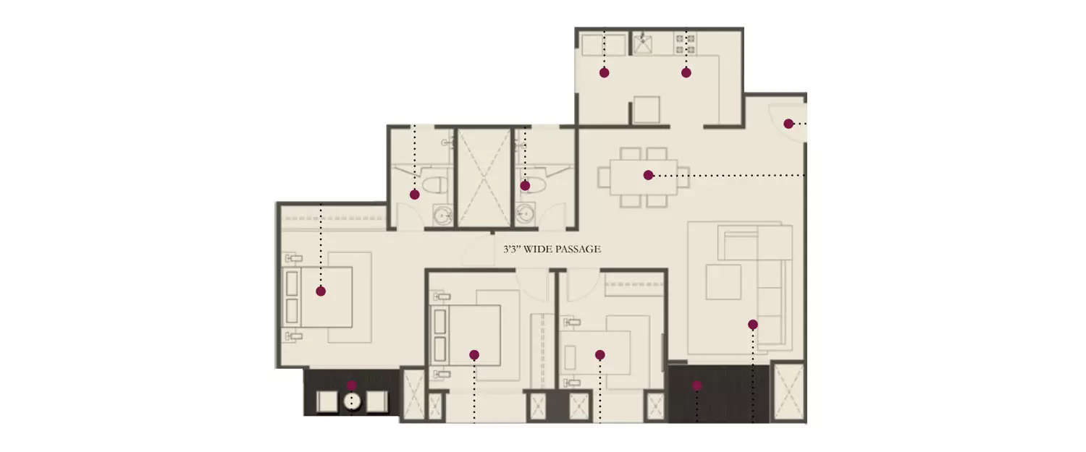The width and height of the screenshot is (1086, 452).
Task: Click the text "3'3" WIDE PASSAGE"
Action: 552,250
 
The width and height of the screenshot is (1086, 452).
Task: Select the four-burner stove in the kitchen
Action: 685,43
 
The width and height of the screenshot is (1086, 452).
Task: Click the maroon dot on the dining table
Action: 648,175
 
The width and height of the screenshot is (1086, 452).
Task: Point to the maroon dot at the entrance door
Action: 788,124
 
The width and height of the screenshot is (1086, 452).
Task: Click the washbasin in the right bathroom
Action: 525,214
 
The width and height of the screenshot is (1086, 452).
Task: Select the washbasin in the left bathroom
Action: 442,214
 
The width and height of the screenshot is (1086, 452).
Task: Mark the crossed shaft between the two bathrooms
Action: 484,177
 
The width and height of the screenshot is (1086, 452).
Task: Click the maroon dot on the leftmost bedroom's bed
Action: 321,291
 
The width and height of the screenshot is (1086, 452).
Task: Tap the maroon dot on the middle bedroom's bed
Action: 474,354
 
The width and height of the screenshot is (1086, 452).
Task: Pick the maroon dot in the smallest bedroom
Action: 600,354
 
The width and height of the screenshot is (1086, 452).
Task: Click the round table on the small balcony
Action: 353,402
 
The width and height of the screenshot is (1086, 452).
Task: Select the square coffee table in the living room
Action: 723,281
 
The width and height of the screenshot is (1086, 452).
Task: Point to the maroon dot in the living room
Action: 753,325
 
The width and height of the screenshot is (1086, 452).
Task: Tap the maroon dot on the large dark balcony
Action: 697,385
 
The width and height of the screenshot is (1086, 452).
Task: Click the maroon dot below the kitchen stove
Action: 686,72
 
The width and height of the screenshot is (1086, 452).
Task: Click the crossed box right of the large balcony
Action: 788,391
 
